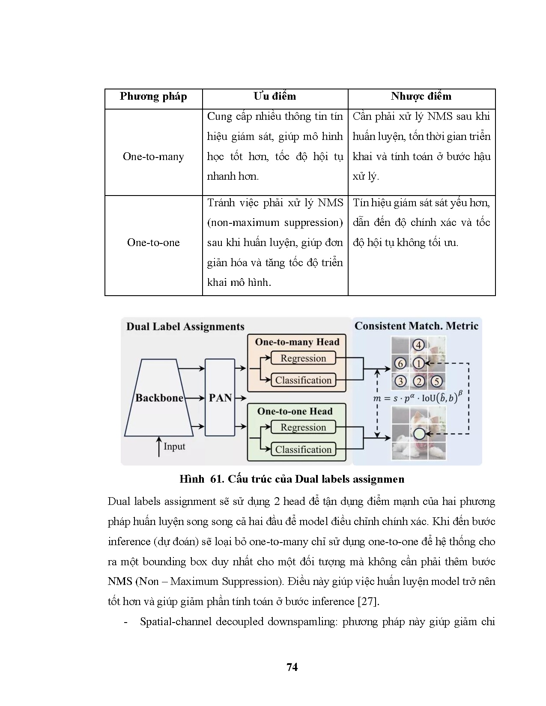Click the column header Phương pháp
point(153,96)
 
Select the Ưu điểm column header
point(274,96)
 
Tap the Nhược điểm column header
point(421,96)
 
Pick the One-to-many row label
point(153,157)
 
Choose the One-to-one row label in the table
point(153,243)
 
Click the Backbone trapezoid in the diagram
point(159,398)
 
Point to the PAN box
point(220,398)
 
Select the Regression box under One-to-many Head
point(303,358)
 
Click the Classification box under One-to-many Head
point(303,380)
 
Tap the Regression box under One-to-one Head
point(303,427)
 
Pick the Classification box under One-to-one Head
point(303,450)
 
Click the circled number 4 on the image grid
point(418,345)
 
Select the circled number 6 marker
point(400,364)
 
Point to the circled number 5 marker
point(436,381)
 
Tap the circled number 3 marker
point(400,381)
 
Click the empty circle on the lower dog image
point(419,434)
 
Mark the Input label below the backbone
point(174,447)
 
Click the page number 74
point(292,667)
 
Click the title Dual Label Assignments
point(185,327)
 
